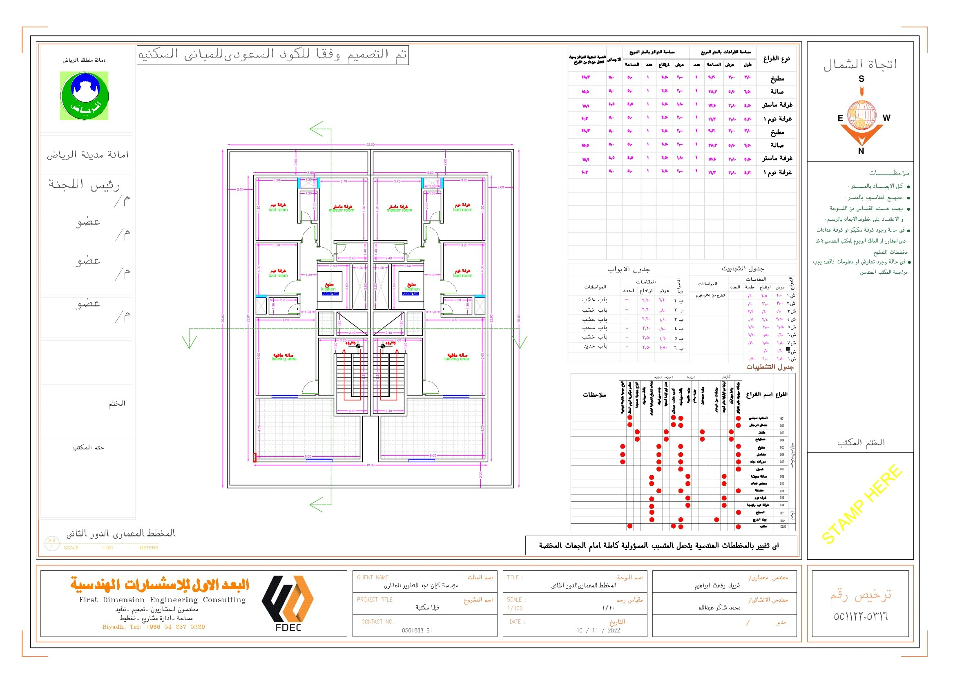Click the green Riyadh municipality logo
pos(84,96)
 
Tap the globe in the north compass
pos(861,115)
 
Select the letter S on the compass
pos(861,79)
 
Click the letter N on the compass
pos(861,151)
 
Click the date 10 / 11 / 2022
pos(598,630)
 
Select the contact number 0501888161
pos(417,630)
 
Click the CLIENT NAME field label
pos(373,577)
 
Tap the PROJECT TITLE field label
pos(375,599)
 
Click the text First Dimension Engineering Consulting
pos(162,600)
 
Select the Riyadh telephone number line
pos(154,627)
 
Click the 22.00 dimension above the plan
pos(370,145)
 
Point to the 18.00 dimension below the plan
pos(370,465)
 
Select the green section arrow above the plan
pos(317,129)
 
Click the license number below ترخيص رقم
pos(860,617)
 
